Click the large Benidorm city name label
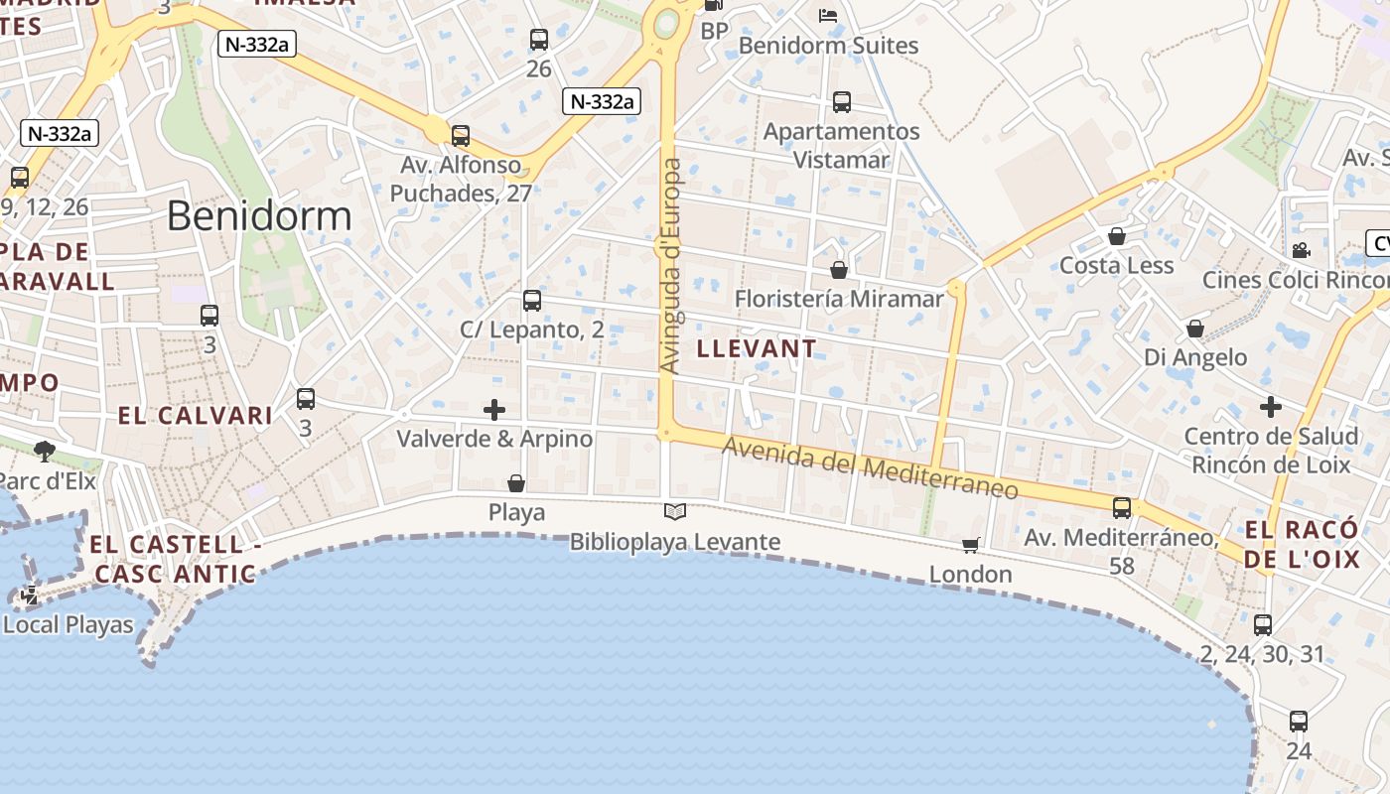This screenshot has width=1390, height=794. [259, 215]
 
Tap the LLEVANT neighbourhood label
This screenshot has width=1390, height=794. [757, 348]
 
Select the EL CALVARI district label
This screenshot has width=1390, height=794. [196, 416]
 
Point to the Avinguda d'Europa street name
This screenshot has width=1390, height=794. [671, 266]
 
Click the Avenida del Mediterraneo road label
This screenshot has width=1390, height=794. [870, 468]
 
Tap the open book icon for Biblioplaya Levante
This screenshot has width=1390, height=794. [675, 511]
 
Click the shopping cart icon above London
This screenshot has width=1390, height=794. [970, 544]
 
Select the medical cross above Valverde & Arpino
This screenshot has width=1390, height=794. [494, 409]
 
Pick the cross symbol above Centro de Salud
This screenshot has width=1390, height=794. [1271, 406]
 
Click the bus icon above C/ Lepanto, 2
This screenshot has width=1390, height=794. [532, 300]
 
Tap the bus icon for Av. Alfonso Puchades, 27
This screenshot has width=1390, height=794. [461, 135]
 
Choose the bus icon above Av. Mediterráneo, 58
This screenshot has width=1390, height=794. [1122, 507]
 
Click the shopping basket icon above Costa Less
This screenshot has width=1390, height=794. [1117, 236]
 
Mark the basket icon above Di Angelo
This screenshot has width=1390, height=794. [1195, 328]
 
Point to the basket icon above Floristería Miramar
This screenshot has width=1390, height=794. [839, 269]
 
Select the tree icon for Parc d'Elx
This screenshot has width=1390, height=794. [44, 451]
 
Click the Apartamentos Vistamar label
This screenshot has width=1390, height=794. [842, 145]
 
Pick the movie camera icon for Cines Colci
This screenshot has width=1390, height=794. [1301, 250]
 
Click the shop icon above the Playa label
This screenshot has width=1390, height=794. [516, 483]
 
